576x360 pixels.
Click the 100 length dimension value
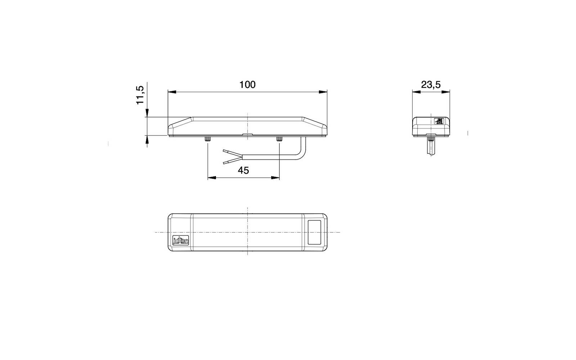coord(247,85)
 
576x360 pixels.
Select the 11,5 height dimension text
coord(140,95)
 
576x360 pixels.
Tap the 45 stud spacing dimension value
coord(243,170)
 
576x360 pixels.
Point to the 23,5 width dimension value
coord(431,85)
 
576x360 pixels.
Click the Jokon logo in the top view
coord(180,240)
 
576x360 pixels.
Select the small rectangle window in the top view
coord(314,232)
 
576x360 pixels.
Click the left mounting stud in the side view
coord(208,139)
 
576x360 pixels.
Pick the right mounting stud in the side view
coord(279,139)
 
